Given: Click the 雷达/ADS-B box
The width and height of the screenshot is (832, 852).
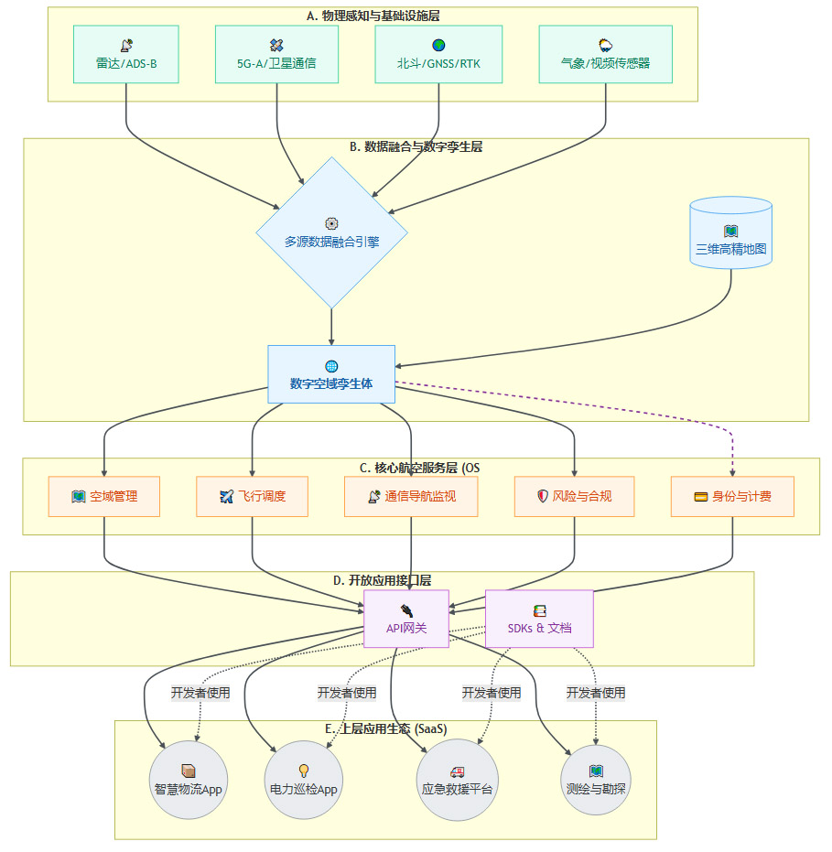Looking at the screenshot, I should tap(125, 54).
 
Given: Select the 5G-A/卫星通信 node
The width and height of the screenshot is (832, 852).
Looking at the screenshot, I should tap(276, 54).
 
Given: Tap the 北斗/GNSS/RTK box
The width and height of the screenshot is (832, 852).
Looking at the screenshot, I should tap(438, 54).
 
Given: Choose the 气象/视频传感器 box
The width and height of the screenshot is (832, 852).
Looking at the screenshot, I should tap(605, 54).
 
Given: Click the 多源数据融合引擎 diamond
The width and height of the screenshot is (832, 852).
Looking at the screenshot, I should tap(331, 232).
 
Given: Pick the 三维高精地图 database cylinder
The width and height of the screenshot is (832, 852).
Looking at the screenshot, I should tap(730, 233).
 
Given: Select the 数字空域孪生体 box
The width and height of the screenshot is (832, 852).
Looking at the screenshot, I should tap(331, 373).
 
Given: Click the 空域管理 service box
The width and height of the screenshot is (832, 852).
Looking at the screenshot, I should tap(104, 496).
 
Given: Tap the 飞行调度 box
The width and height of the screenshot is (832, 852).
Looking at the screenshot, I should tap(252, 496).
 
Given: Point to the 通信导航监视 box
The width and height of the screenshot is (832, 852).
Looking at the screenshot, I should tap(410, 496).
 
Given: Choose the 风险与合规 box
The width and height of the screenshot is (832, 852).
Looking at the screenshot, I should tap(575, 496).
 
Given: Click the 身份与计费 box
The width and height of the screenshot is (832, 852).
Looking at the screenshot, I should tap(732, 496).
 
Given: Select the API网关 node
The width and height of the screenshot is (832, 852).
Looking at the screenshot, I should tap(406, 619).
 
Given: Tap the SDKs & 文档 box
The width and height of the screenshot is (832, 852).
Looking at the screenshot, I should tap(539, 619).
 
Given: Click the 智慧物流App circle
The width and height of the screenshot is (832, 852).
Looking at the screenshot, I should tap(188, 779).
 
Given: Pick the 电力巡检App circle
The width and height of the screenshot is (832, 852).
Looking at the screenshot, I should tap(304, 779).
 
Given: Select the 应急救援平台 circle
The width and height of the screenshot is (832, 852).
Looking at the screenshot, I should tap(457, 779).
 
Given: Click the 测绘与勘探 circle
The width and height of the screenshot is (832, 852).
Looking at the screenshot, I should tap(596, 779).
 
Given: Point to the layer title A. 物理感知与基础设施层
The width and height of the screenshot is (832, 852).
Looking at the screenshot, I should tap(374, 16).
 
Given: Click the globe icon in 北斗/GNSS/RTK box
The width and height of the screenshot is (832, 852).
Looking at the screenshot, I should tap(438, 44).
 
